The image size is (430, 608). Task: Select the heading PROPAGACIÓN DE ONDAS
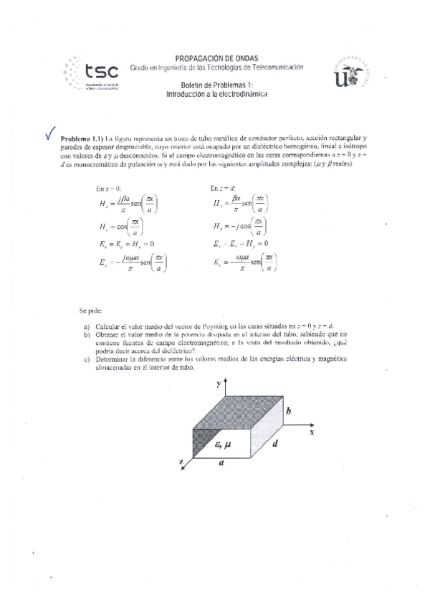coord(217,58)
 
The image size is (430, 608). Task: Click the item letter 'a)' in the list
coord(87,326)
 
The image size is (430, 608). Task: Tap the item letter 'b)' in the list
coord(87,334)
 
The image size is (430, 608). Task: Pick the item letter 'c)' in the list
coord(87,358)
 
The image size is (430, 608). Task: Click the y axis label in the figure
coord(217,385)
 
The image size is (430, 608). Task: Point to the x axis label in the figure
coord(312,432)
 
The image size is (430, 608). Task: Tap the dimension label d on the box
coord(274,444)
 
